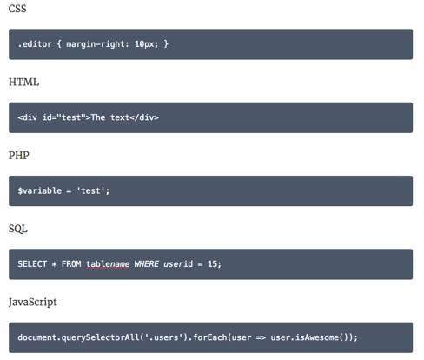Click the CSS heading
click(17, 9)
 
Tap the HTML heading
click(23, 82)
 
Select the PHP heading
click(19, 156)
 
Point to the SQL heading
click(18, 229)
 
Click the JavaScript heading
click(33, 303)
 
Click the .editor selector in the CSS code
click(35, 44)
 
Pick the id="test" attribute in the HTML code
click(64, 117)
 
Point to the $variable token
click(40, 190)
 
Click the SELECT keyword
click(32, 264)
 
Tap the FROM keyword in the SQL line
click(71, 264)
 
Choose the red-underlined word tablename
click(108, 264)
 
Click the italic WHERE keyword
click(146, 264)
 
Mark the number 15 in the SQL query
click(212, 264)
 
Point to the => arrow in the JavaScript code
click(261, 337)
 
